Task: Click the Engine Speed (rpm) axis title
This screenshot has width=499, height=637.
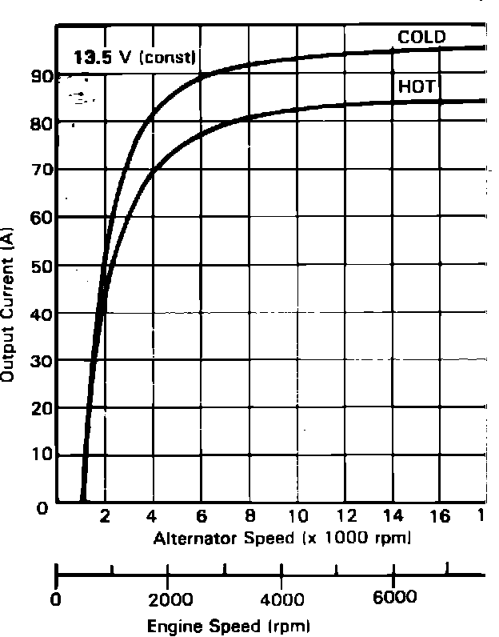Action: tap(228, 624)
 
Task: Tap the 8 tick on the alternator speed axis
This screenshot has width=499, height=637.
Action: tap(249, 517)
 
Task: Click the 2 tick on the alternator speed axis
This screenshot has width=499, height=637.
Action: tap(105, 517)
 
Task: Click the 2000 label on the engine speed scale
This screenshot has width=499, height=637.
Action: tap(167, 599)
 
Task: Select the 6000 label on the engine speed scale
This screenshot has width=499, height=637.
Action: tap(393, 599)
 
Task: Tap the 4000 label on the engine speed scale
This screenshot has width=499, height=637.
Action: tap(281, 599)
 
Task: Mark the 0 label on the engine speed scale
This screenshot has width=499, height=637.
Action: tap(56, 599)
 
